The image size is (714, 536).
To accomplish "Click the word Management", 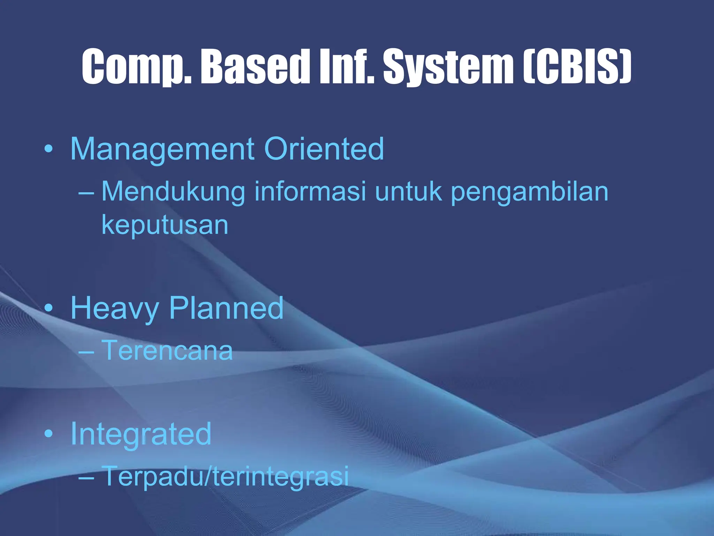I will click(162, 149).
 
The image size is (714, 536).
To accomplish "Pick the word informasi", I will click(310, 192).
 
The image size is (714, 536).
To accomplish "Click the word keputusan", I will click(165, 225).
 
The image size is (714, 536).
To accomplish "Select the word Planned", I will click(226, 308).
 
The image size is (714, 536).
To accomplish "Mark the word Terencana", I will click(167, 350).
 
